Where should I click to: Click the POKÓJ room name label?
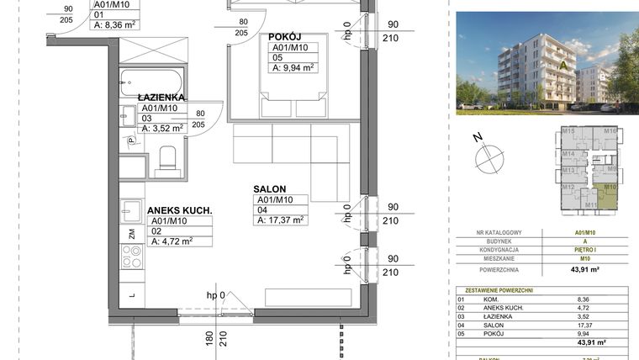point(285,37)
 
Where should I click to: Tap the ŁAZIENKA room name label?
point(161,98)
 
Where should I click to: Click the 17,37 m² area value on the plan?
point(285,220)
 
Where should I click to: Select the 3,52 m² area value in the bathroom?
point(167,129)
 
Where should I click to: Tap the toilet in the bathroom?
point(167,159)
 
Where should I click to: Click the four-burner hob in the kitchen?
point(132,255)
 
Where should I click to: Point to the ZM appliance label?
point(132,233)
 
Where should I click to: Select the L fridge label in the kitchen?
point(132,295)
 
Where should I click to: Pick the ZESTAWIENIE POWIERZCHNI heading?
point(497,289)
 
